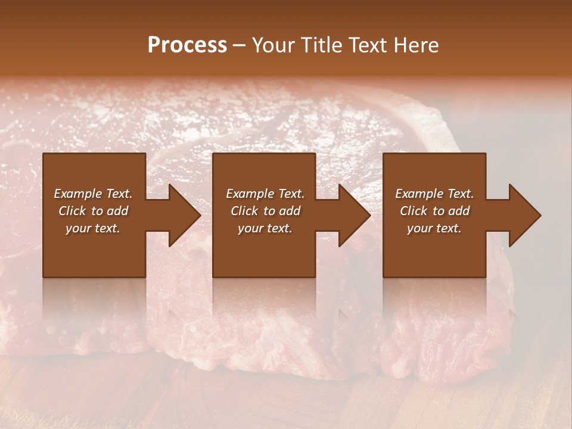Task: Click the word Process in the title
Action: (187, 45)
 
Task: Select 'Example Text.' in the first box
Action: (93, 194)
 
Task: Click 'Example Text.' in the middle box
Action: (265, 194)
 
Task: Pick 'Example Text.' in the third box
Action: (434, 194)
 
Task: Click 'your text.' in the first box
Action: (93, 228)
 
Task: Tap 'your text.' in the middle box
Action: (265, 228)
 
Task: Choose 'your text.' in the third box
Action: (434, 228)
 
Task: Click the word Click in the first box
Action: (72, 211)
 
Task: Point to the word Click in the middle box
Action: (244, 211)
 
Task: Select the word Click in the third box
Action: (414, 211)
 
